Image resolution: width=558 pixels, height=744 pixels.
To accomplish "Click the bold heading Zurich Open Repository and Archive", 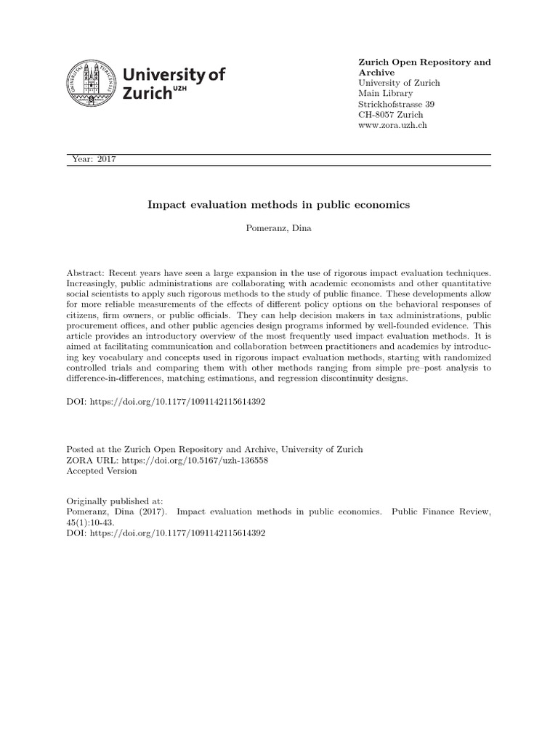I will click(424, 68).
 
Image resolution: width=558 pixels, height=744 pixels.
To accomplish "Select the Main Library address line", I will click(385, 94).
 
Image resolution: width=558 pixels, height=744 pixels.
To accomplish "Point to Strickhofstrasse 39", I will click(397, 105).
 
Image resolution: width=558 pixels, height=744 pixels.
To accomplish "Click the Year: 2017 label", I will click(95, 160).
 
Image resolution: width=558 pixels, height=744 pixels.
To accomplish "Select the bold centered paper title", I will click(279, 205).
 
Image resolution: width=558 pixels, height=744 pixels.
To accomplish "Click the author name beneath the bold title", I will click(279, 229).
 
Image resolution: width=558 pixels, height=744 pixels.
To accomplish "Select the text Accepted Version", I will click(101, 471).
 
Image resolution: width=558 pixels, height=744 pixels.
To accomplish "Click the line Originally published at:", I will click(114, 501).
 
